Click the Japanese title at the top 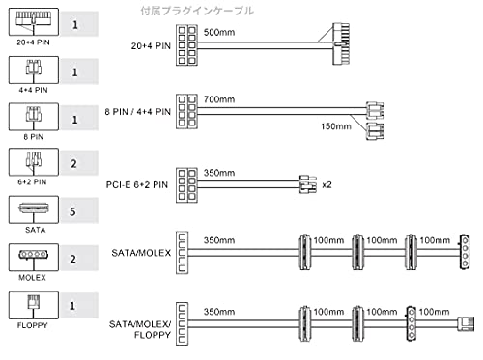click(x=197, y=11)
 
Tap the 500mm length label click(x=219, y=32)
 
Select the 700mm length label click(x=219, y=99)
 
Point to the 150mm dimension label click(x=336, y=126)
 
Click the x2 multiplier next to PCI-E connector click(x=327, y=185)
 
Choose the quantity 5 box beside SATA click(x=79, y=211)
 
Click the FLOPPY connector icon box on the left click(x=34, y=305)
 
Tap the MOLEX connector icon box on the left click(x=34, y=258)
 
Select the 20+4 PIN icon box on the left click(x=34, y=22)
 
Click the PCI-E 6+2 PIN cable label click(x=137, y=185)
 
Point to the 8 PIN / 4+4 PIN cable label click(x=137, y=112)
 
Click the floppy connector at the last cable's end click(x=466, y=324)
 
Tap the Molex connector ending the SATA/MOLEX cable click(x=465, y=252)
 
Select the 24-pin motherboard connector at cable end click(x=341, y=43)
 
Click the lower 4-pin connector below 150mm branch click(x=375, y=131)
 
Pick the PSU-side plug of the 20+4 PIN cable click(x=186, y=45)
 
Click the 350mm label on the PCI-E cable click(x=219, y=173)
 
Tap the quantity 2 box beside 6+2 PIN click(x=79, y=163)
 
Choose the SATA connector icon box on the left click(x=34, y=209)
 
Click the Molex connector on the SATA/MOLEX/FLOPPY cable click(x=412, y=323)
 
